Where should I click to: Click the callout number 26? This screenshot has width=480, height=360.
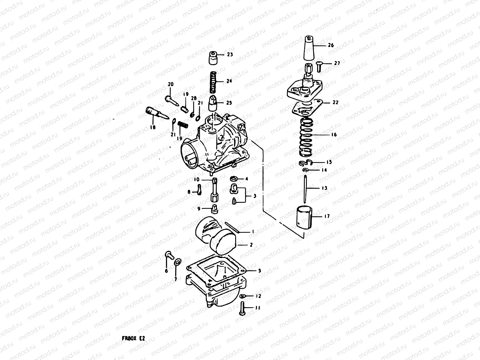point(331,46)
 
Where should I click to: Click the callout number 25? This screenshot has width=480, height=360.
point(229,103)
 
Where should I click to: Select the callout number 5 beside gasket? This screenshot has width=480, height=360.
point(259,271)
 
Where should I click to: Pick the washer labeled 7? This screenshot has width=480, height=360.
point(177,262)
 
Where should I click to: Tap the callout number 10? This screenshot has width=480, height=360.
point(196,180)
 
